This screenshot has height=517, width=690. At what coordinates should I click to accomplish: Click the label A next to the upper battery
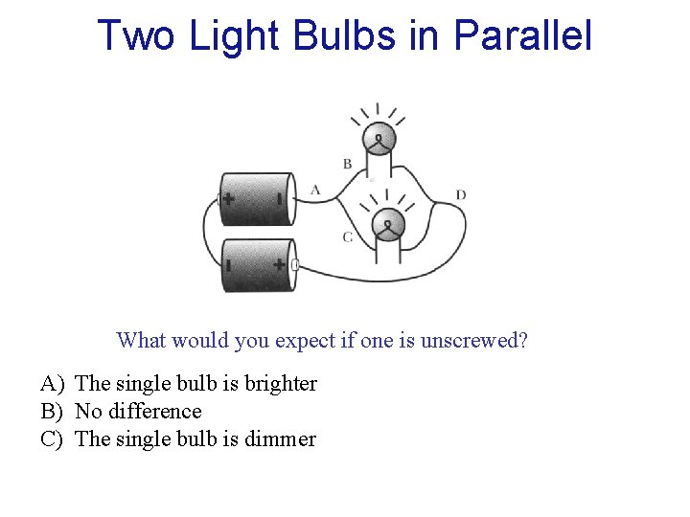click(x=315, y=190)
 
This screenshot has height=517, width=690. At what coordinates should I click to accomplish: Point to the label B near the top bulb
click(x=347, y=164)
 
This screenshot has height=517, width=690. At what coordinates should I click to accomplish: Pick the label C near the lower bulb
click(x=347, y=236)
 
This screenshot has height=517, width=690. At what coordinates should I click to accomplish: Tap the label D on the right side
click(x=461, y=195)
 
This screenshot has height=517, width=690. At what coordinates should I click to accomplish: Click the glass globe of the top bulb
click(x=380, y=140)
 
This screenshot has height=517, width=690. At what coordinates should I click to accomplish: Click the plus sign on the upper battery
click(x=228, y=199)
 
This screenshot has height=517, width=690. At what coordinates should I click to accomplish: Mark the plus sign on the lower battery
click(x=279, y=263)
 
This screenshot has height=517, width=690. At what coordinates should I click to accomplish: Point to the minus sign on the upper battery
click(x=279, y=199)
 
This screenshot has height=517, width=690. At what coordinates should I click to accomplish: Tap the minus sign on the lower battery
click(x=228, y=263)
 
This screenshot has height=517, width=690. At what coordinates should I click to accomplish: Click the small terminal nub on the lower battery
click(x=294, y=264)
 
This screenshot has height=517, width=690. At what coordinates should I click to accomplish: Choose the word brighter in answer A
click(x=279, y=384)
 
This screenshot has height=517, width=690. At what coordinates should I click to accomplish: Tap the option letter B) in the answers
click(x=52, y=412)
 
